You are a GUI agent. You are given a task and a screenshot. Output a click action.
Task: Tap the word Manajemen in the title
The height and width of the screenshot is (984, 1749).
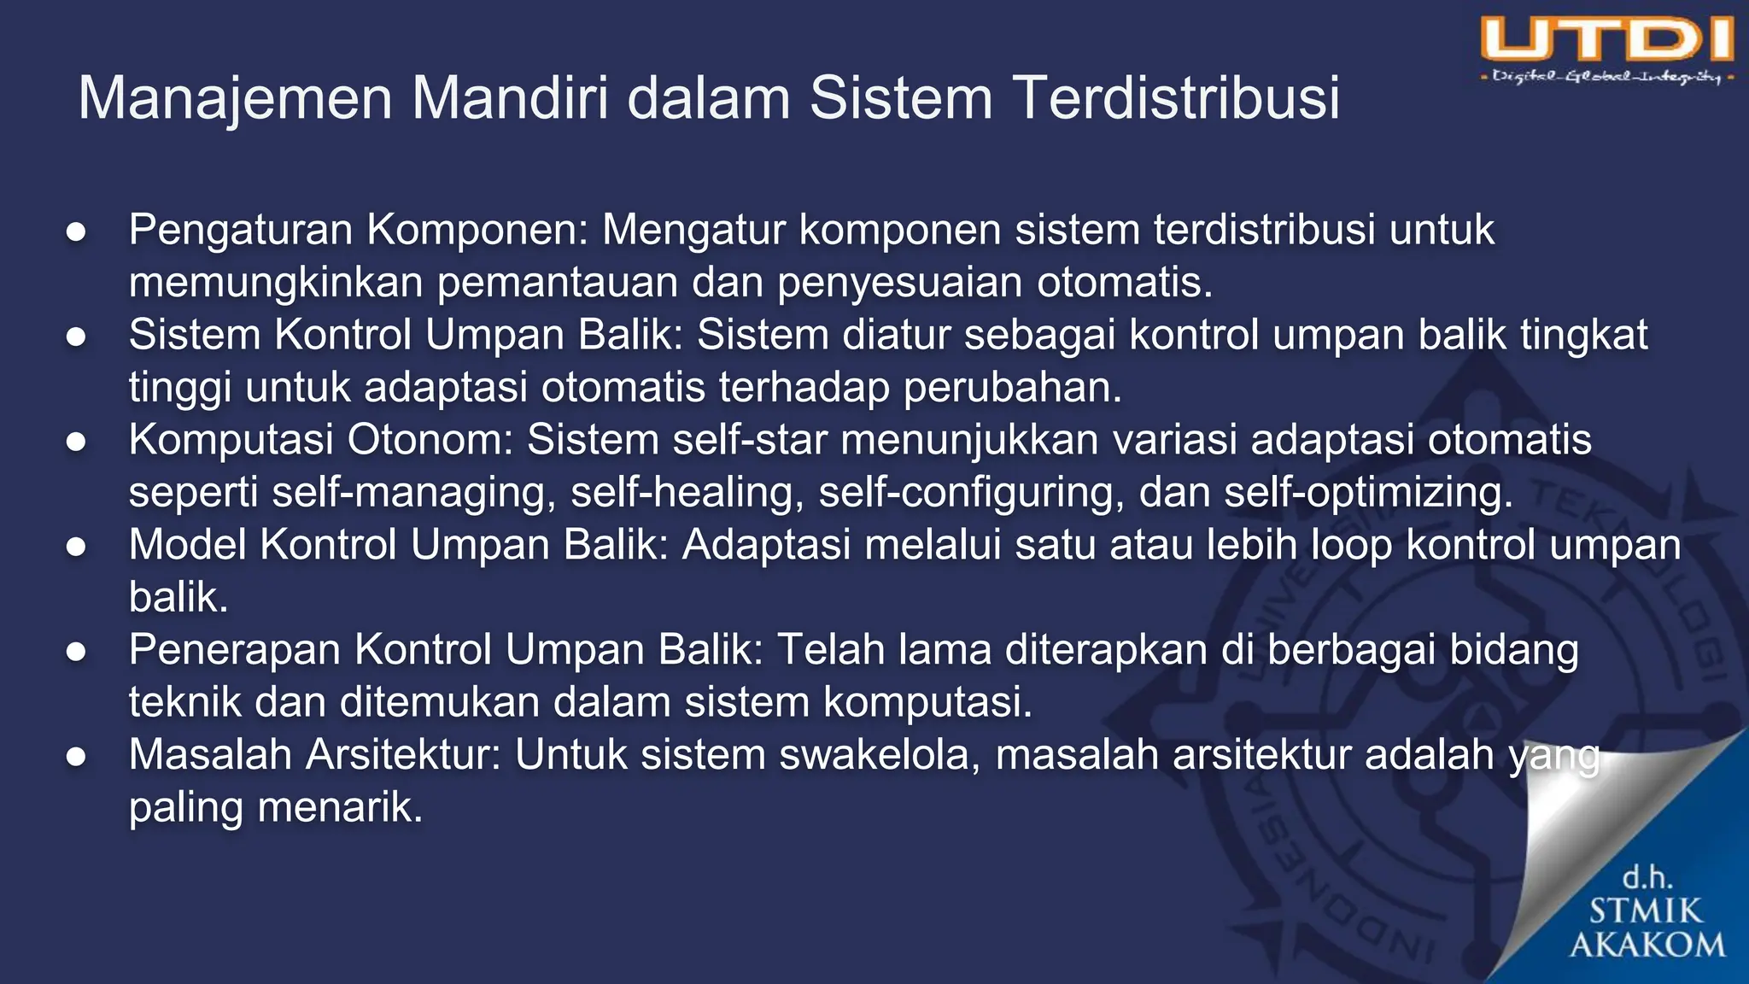point(235,97)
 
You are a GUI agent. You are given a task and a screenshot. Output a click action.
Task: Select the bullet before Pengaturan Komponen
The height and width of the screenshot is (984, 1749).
point(76,231)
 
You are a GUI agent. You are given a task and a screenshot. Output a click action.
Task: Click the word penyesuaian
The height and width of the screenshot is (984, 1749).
point(899,283)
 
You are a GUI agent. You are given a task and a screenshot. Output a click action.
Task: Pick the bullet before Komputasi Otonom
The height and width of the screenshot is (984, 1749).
point(76,442)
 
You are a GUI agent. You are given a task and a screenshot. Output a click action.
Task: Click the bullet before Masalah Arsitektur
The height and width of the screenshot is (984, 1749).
point(76,757)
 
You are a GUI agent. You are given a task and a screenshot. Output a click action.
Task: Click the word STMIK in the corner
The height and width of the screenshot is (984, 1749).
point(1646,911)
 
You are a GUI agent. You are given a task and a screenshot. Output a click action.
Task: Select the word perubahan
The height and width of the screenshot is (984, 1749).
point(1012,388)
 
